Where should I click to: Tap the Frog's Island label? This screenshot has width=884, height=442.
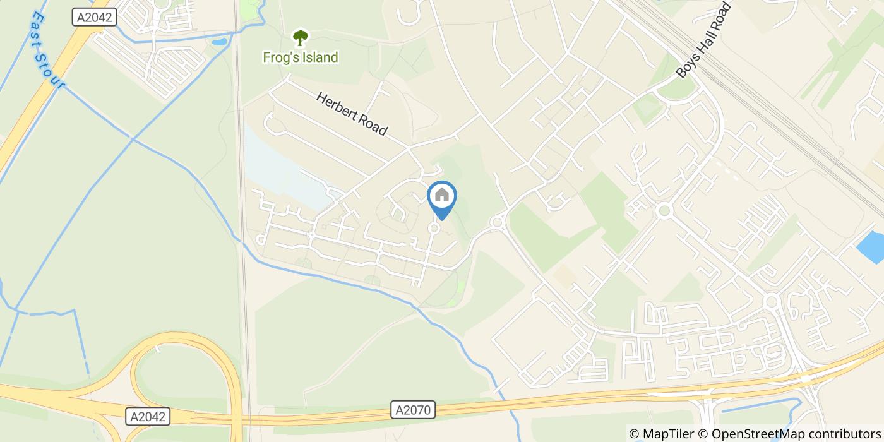pyautogui.click(x=300, y=57)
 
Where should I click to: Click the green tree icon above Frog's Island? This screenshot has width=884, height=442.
pyautogui.click(x=300, y=38)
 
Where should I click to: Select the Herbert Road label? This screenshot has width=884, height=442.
pyautogui.click(x=351, y=114)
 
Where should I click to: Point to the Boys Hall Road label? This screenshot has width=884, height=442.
pyautogui.click(x=703, y=40)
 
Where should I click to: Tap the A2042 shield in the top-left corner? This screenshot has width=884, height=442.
pyautogui.click(x=95, y=18)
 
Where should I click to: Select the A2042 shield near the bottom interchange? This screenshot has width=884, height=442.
pyautogui.click(x=148, y=417)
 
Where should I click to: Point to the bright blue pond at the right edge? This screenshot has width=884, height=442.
pyautogui.click(x=871, y=248)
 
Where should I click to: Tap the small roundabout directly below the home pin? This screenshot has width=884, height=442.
pyautogui.click(x=434, y=228)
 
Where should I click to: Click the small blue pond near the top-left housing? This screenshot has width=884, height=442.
pyautogui.click(x=219, y=42)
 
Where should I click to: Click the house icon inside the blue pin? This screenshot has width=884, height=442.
pyautogui.click(x=442, y=195)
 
